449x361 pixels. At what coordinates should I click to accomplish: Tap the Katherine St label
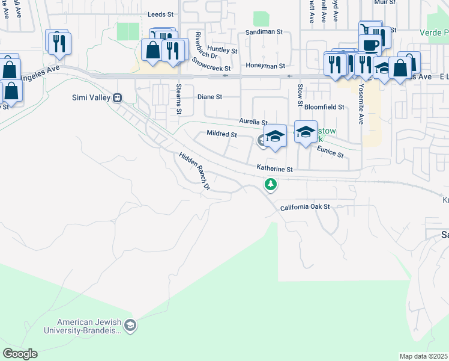pyautogui.click(x=274, y=170)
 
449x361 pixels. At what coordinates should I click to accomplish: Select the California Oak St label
pyautogui.click(x=306, y=207)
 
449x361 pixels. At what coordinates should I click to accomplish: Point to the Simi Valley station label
pyautogui.click(x=89, y=97)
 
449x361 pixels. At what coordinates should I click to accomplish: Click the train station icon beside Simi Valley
pyautogui.click(x=118, y=97)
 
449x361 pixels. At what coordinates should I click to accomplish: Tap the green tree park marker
pyautogui.click(x=271, y=184)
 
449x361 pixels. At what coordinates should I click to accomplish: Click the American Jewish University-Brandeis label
pyautogui.click(x=89, y=327)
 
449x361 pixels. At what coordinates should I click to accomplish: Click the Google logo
pyautogui.click(x=20, y=354)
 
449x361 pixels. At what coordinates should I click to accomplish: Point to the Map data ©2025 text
pyautogui.click(x=423, y=356)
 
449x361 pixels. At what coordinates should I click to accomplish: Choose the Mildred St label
pyautogui.click(x=221, y=134)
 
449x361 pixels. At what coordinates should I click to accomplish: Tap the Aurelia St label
pyautogui.click(x=253, y=122)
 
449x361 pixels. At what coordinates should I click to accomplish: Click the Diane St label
pyautogui.click(x=210, y=97)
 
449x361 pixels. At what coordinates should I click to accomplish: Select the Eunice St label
pyautogui.click(x=330, y=151)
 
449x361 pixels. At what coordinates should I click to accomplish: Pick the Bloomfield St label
pyautogui.click(x=324, y=107)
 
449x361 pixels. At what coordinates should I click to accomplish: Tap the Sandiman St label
pyautogui.click(x=263, y=32)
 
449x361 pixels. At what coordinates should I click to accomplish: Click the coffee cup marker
pyautogui.click(x=371, y=45)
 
